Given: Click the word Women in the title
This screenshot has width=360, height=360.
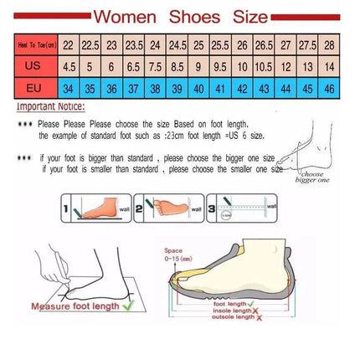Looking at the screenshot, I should pyautogui.click(x=124, y=16).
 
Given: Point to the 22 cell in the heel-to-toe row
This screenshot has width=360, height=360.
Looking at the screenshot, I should pyautogui.click(x=68, y=45).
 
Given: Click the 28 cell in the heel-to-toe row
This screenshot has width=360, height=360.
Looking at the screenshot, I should pyautogui.click(x=330, y=45).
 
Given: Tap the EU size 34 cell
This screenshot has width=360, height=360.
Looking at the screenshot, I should pyautogui.click(x=68, y=88).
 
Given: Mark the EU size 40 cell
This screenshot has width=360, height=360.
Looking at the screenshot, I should pyautogui.click(x=198, y=88).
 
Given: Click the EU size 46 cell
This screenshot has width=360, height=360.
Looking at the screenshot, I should pyautogui.click(x=330, y=88).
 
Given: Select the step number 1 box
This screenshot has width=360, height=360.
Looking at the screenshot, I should pyautogui.click(x=64, y=205).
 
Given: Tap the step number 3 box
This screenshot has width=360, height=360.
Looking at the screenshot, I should pyautogui.click(x=213, y=205).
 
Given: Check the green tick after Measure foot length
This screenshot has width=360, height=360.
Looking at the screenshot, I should pyautogui.click(x=127, y=305).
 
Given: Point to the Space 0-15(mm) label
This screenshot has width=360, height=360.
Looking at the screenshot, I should pyautogui.click(x=173, y=254).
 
